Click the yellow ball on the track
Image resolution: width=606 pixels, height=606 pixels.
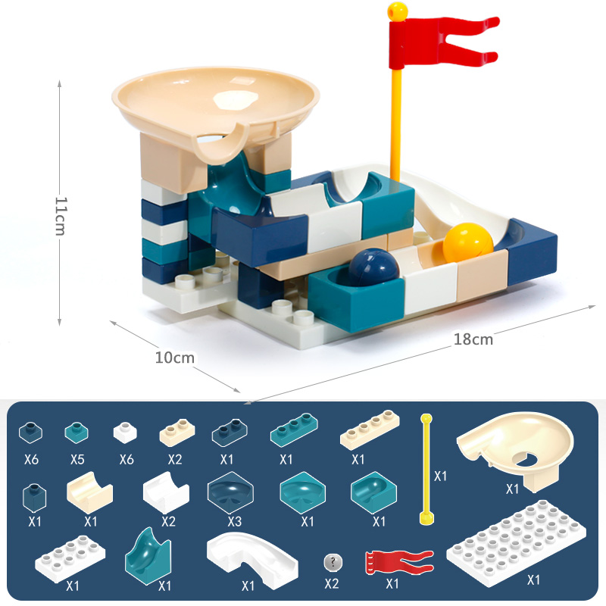click(x=468, y=242)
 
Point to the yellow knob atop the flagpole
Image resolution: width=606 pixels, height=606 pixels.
click(x=397, y=11)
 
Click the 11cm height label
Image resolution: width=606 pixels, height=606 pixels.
click(x=61, y=216)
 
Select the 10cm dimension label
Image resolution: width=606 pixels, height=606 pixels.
click(x=175, y=358)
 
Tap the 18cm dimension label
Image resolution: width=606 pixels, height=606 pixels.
click(x=473, y=339)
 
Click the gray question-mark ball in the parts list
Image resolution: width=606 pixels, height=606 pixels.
click(x=333, y=562)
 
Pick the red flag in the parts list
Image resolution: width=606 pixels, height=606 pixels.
click(x=399, y=563)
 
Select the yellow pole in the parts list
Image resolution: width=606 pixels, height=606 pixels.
click(x=426, y=469)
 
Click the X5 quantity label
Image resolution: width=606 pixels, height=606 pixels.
click(x=77, y=459)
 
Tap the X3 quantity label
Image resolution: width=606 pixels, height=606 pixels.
click(x=235, y=521)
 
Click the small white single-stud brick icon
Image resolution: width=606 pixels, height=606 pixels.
click(x=125, y=433)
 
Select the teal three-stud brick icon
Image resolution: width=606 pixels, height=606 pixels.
click(x=294, y=430)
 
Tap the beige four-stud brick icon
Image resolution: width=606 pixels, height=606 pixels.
click(x=370, y=430)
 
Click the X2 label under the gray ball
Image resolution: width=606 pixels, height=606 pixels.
click(x=332, y=583)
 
